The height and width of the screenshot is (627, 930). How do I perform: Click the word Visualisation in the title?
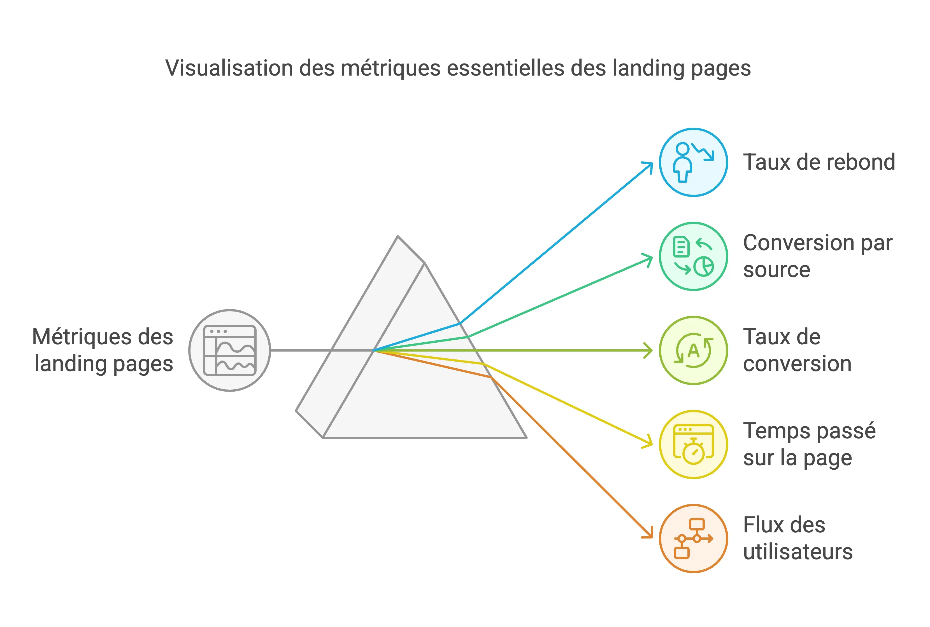[229, 68]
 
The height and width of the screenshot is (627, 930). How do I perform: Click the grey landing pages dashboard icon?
[230, 350]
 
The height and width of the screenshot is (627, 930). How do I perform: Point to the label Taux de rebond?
[819, 162]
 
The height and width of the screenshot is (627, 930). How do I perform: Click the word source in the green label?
[776, 270]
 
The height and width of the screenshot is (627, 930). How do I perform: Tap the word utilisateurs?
[798, 552]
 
